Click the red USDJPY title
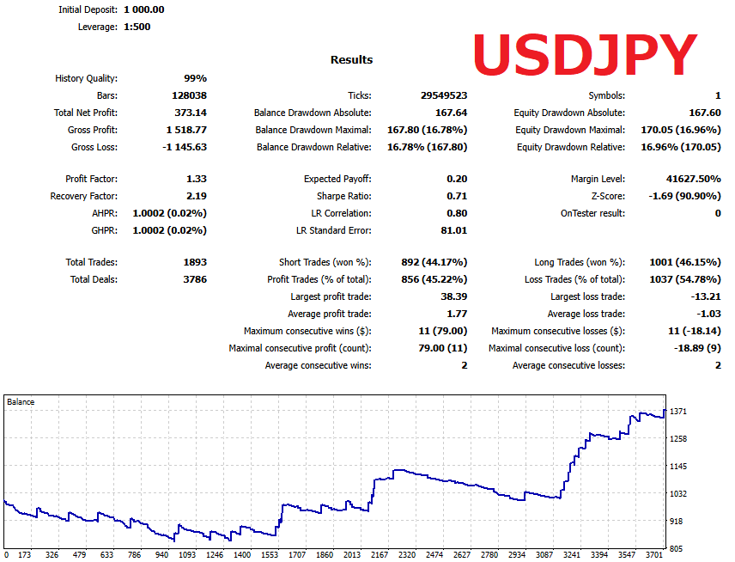585,57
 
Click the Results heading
352,60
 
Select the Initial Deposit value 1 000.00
144,9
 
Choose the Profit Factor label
91,179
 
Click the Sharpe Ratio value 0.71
457,196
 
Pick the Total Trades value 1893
193,262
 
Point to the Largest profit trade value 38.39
453,296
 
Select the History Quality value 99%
195,78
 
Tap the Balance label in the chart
21,401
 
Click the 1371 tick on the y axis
678,412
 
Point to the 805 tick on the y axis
677,548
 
